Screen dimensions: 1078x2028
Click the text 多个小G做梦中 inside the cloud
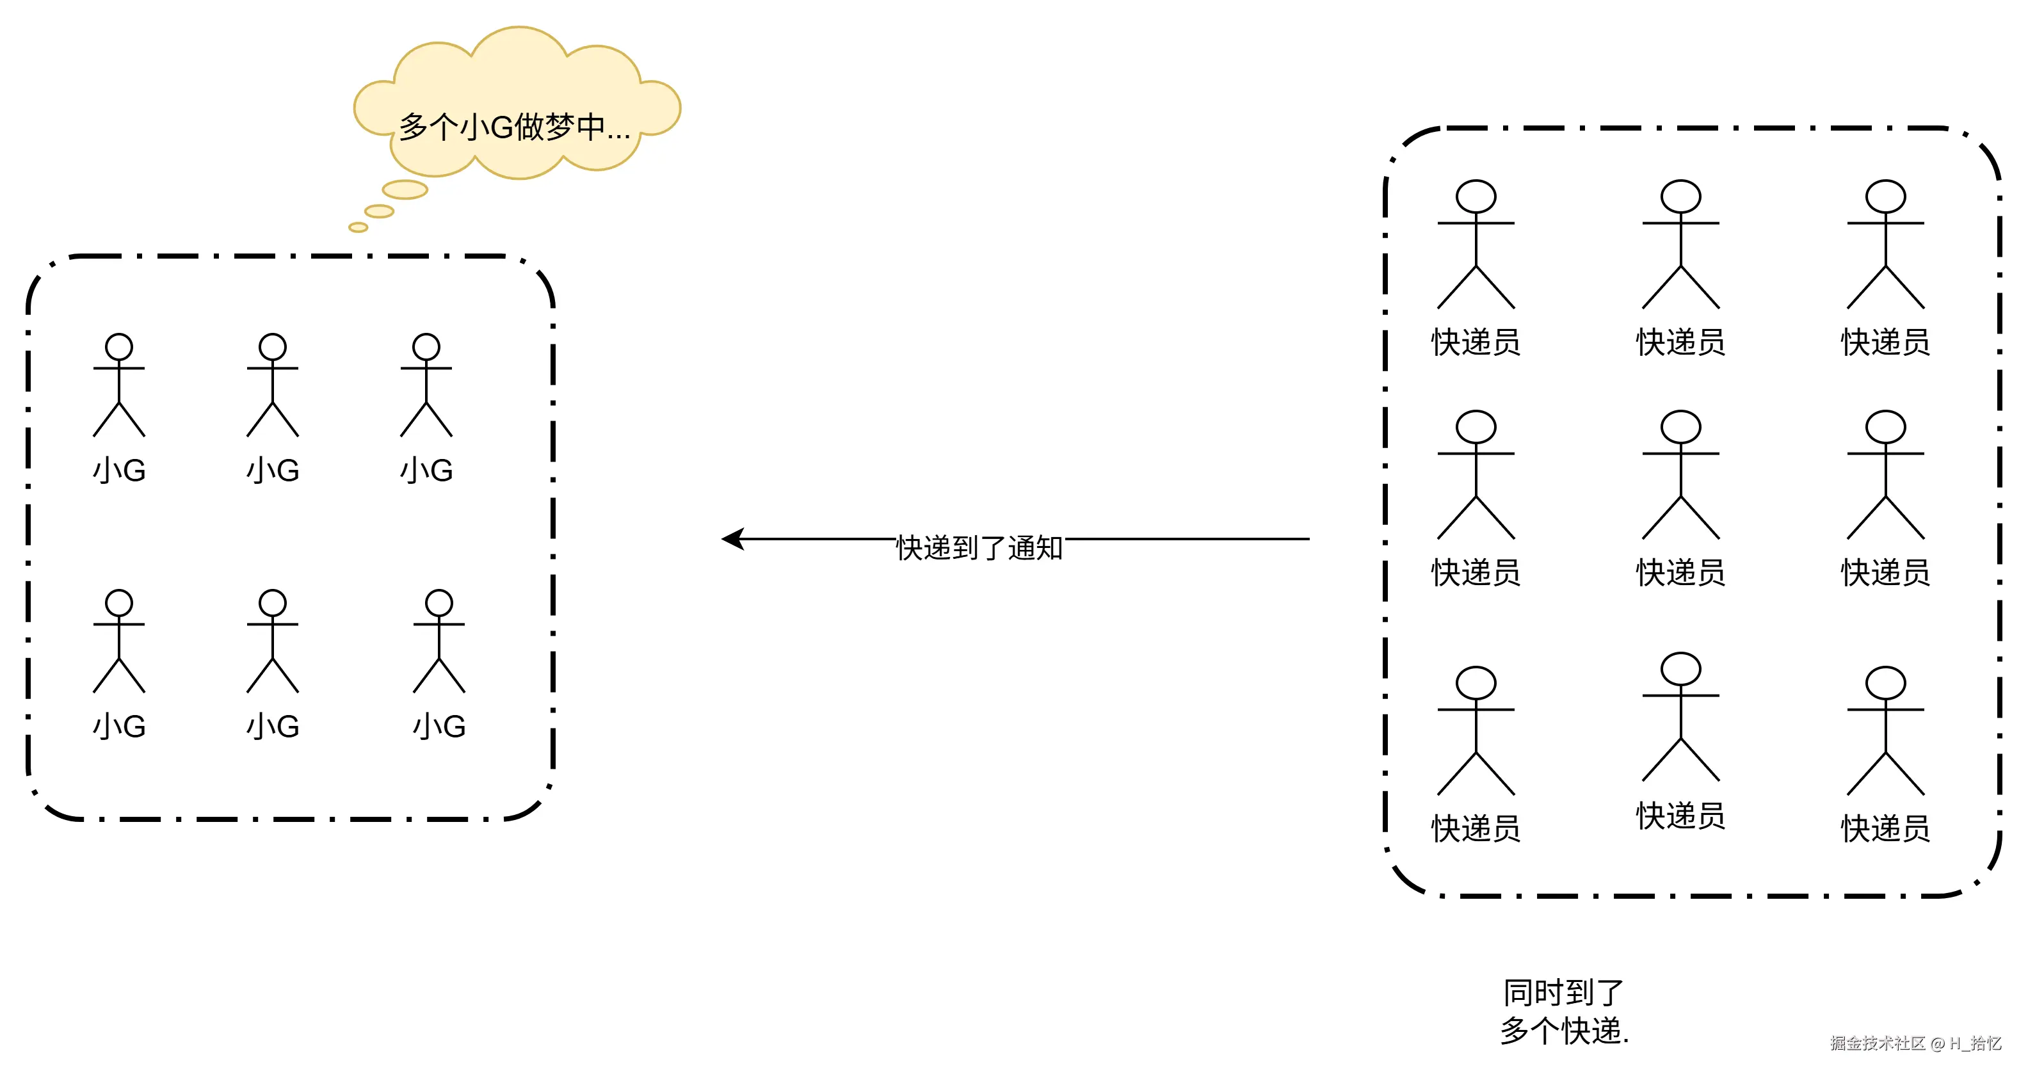pyautogui.click(x=514, y=127)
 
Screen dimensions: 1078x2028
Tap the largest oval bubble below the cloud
pyautogui.click(x=405, y=189)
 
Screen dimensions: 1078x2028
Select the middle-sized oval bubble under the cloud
pyautogui.click(x=379, y=211)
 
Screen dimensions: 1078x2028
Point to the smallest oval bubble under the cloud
pyautogui.click(x=358, y=227)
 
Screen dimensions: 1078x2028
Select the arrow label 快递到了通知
pyautogui.click(x=979, y=547)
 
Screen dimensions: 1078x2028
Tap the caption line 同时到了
pyautogui.click(x=1563, y=993)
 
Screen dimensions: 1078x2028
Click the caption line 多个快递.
pyautogui.click(x=1563, y=1031)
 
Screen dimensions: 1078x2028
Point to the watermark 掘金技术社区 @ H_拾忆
pyautogui.click(x=1915, y=1043)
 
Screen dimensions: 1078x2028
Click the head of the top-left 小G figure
pyautogui.click(x=119, y=346)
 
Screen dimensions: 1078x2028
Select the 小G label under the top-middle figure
pyautogui.click(x=273, y=471)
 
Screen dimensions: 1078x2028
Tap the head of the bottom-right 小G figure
pyautogui.click(x=439, y=603)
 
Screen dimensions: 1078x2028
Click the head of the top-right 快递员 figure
pyautogui.click(x=1885, y=196)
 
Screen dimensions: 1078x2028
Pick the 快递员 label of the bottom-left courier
pyautogui.click(x=1476, y=829)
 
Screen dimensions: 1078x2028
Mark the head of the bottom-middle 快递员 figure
pyautogui.click(x=1681, y=668)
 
